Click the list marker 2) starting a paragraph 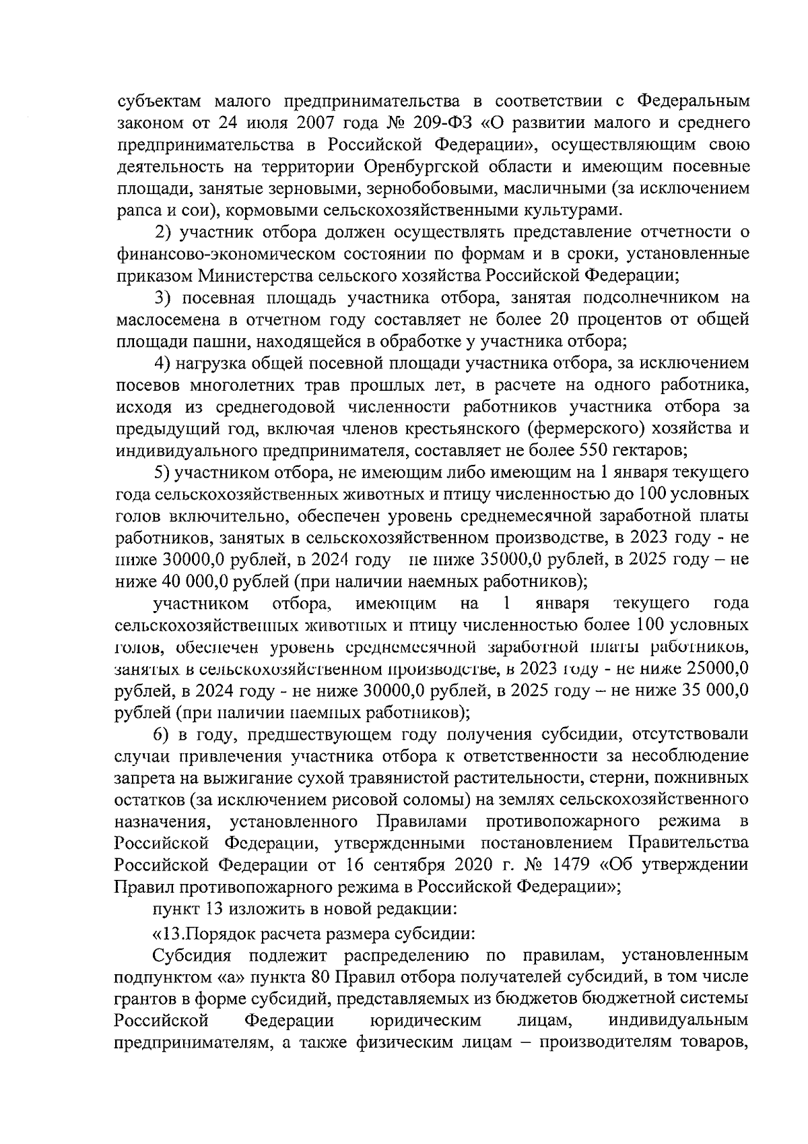pyautogui.click(x=164, y=232)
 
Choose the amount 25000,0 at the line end pyautogui.click(x=718, y=668)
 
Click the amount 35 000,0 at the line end pyautogui.click(x=716, y=691)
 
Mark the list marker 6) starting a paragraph pyautogui.click(x=164, y=734)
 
